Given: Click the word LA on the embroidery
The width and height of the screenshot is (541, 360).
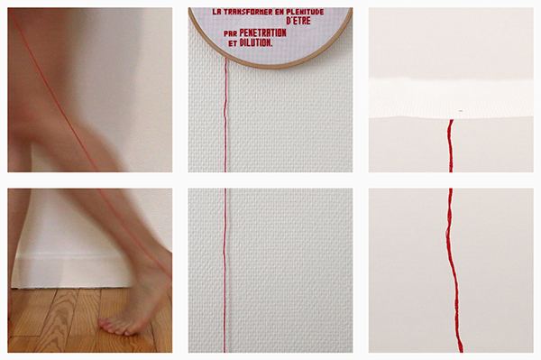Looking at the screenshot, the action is pyautogui.click(x=216, y=12).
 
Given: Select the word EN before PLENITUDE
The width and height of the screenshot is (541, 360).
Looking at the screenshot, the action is pyautogui.click(x=280, y=12).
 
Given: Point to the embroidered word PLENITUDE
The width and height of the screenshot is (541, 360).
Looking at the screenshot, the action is pyautogui.click(x=305, y=12).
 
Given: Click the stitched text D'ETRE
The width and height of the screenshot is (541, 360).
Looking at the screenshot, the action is pyautogui.click(x=298, y=21).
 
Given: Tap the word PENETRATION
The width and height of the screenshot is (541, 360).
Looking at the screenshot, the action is pyautogui.click(x=262, y=32).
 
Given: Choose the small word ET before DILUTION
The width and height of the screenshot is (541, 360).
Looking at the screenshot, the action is pyautogui.click(x=233, y=44).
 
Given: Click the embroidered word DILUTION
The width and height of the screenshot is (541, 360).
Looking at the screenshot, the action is pyautogui.click(x=254, y=42).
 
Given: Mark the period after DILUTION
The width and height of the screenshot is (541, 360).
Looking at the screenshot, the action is pyautogui.click(x=271, y=45).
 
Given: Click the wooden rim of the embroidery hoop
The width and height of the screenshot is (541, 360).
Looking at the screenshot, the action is pyautogui.click(x=270, y=66).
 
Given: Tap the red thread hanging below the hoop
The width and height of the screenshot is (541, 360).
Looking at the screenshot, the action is pyautogui.click(x=225, y=115).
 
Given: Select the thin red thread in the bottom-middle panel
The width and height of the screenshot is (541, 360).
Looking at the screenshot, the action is pyautogui.click(x=225, y=271).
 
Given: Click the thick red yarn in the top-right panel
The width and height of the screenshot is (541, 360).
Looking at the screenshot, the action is pyautogui.click(x=450, y=145).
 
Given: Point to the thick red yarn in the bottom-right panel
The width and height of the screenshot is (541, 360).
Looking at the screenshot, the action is pyautogui.click(x=452, y=271).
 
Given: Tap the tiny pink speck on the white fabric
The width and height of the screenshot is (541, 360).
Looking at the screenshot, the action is pyautogui.click(x=461, y=111).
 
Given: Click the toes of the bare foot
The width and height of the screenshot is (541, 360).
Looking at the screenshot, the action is pyautogui.click(x=114, y=328).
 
